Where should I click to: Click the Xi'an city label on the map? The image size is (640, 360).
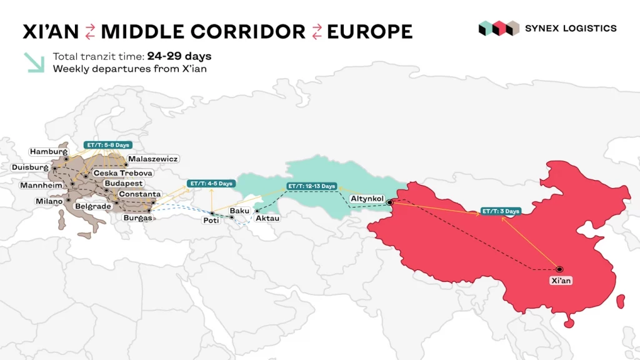(561, 281)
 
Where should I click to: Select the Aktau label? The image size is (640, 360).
(267, 218)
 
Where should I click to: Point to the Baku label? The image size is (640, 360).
(239, 211)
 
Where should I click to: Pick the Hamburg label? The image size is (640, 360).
(48, 152)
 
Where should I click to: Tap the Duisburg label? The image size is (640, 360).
(29, 167)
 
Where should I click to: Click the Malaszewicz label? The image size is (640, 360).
(153, 159)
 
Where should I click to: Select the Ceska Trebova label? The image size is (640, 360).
(122, 172)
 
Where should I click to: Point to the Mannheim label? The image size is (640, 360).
(42, 186)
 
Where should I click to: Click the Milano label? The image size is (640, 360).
(49, 201)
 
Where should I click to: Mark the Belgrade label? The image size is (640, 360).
(92, 206)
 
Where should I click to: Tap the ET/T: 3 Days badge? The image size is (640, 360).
(501, 211)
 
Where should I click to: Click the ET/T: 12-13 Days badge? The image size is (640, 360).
(311, 186)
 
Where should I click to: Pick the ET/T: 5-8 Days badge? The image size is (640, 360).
(99, 145)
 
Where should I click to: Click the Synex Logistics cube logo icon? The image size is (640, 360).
(499, 28)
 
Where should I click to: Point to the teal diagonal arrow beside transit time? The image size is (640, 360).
(34, 62)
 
